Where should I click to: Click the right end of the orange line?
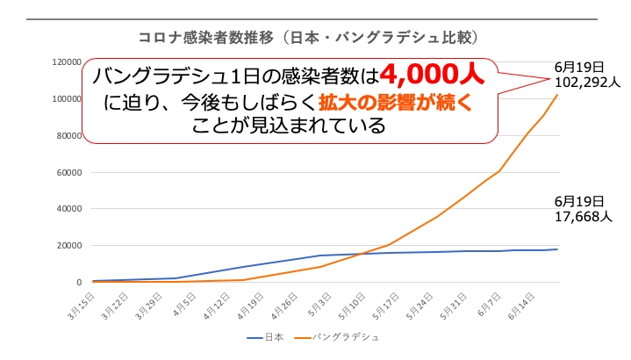tap(557, 94)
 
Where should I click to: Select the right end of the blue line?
tap(557, 249)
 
